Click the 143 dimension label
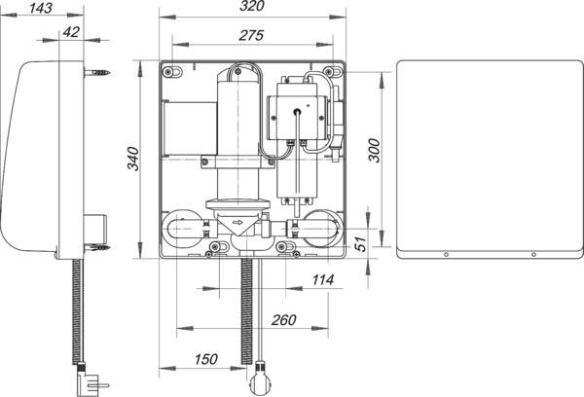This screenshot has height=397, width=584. (41, 8)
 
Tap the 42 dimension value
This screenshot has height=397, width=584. (71, 32)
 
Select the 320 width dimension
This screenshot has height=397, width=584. (252, 6)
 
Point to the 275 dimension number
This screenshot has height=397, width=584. (251, 35)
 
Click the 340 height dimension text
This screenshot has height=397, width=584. (133, 159)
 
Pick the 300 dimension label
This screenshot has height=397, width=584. (375, 150)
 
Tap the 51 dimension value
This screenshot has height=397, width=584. (360, 243)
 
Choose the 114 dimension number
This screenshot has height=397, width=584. (322, 279)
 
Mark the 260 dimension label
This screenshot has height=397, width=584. (283, 319)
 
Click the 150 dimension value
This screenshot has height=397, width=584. (205, 359)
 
